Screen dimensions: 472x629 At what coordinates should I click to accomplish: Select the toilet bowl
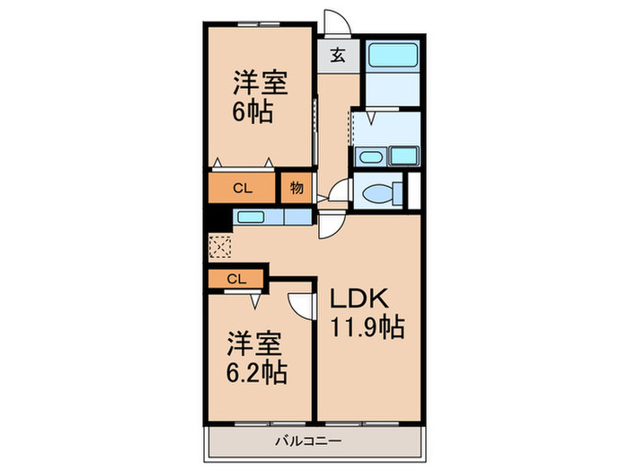(378, 191)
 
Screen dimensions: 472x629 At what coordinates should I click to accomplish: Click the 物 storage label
(296, 189)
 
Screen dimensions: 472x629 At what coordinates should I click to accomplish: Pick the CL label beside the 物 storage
(242, 189)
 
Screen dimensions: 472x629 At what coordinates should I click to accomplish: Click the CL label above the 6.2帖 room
(235, 279)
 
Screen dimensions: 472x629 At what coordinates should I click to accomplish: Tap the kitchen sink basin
(251, 217)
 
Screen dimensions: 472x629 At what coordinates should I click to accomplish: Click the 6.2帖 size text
(256, 372)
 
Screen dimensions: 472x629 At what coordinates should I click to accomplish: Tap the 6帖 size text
(252, 114)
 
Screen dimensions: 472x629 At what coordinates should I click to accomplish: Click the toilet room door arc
(340, 191)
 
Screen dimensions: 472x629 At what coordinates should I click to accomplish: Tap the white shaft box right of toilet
(413, 190)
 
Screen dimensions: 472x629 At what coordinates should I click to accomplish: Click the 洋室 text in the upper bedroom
(261, 84)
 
